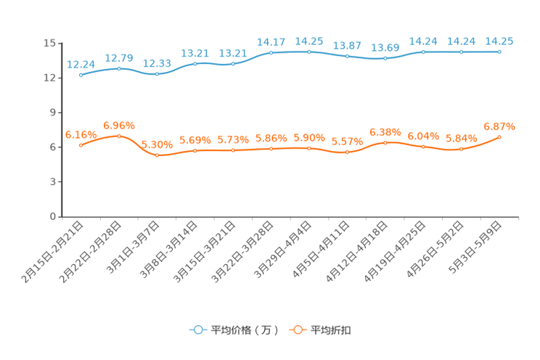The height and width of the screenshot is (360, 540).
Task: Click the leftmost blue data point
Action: tap(81, 75)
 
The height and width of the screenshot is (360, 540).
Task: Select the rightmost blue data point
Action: tap(499, 52)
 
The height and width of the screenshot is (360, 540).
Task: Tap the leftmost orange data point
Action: tap(81, 145)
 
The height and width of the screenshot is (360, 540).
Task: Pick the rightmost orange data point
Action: tap(499, 136)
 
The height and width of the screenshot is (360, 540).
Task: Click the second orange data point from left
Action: tap(119, 136)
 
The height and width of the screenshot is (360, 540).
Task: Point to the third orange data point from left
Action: tap(157, 155)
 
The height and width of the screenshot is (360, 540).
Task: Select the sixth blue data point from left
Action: tap(271, 52)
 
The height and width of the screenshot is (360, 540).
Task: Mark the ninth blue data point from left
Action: tap(385, 58)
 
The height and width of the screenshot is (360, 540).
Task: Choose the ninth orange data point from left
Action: tap(385, 142)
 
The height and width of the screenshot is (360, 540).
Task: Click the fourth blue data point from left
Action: tap(195, 64)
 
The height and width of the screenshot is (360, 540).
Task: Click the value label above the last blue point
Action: tap(499, 41)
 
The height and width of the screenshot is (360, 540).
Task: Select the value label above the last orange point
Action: tap(499, 126)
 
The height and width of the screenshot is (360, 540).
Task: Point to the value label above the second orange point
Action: tap(119, 125)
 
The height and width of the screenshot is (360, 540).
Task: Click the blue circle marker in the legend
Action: tap(197, 330)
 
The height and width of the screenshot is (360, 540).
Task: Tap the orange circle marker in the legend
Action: tap(297, 330)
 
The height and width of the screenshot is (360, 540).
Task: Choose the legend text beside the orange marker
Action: tap(332, 330)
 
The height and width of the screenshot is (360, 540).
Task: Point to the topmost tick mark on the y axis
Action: tap(58, 43)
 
